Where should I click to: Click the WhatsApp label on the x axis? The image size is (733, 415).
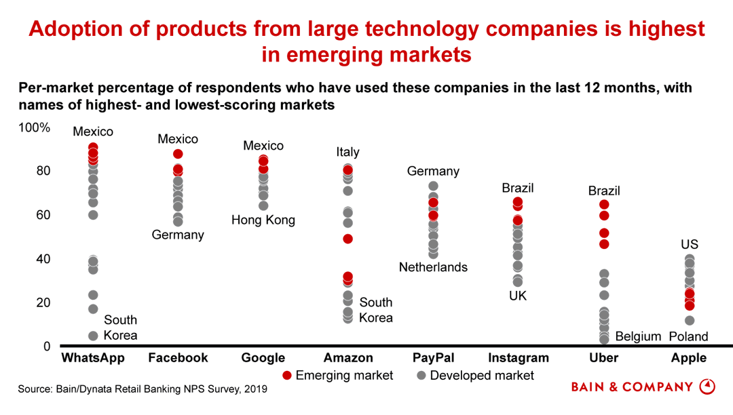pos(93,358)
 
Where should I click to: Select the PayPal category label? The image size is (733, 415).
pos(433,358)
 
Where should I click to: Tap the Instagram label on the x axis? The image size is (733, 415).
pos(518,358)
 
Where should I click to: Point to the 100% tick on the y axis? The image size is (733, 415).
pos(34,127)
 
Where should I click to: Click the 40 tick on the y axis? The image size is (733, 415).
pos(42,259)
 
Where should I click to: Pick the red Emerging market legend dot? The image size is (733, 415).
pos(287,376)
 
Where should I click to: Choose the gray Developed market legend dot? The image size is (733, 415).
pos(421,376)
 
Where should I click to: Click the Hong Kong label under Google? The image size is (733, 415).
pos(263,220)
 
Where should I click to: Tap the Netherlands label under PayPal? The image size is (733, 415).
pos(433,267)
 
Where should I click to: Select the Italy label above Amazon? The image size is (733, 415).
pos(347,152)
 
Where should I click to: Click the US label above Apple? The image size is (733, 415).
pos(690,244)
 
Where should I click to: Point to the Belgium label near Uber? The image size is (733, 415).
pos(638,336)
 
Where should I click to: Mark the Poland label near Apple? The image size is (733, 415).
pos(688,336)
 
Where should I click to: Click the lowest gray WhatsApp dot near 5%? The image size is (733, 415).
pos(93,336)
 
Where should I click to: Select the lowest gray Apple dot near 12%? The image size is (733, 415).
pos(690,321)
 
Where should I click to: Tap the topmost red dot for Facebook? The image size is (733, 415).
pos(178,154)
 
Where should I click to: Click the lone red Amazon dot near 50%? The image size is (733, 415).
pos(347,239)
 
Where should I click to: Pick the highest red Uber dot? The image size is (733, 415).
pos(604,205)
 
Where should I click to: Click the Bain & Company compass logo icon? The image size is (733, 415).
pos(707,387)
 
